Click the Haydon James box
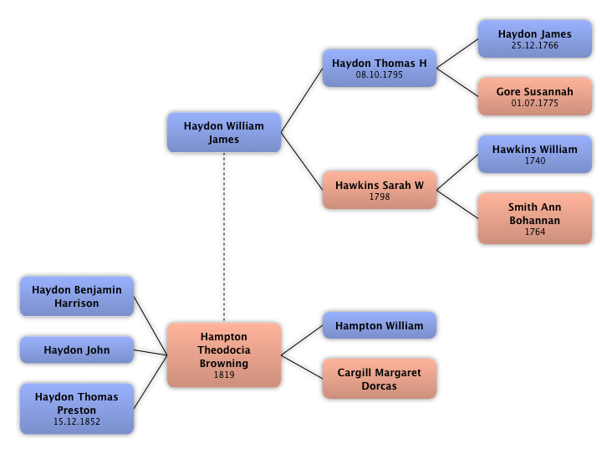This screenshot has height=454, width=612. click(x=534, y=38)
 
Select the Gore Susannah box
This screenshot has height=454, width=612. click(x=534, y=96)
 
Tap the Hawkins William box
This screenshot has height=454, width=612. click(x=534, y=154)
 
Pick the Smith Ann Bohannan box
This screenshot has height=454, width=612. click(x=534, y=217)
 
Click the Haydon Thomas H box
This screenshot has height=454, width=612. click(x=379, y=68)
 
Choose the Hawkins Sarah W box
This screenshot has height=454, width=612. click(x=379, y=190)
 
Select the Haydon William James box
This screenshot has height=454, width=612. click(x=223, y=132)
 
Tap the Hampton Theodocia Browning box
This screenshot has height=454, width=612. click(x=223, y=355)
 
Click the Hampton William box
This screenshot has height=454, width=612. click(x=379, y=325)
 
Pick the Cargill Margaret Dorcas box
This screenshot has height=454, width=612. click(x=379, y=379)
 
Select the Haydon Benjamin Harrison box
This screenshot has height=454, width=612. click(x=76, y=296)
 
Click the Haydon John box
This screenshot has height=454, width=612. click(x=76, y=349)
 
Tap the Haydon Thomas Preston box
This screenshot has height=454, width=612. click(x=76, y=408)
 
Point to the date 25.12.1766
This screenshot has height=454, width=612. click(x=534, y=46)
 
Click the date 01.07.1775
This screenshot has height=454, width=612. click(x=534, y=104)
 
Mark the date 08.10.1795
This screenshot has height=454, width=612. click(x=379, y=75)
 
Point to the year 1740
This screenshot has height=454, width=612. click(x=534, y=161)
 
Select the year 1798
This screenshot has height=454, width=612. click(x=379, y=197)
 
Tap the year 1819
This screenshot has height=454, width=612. click(x=223, y=375)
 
